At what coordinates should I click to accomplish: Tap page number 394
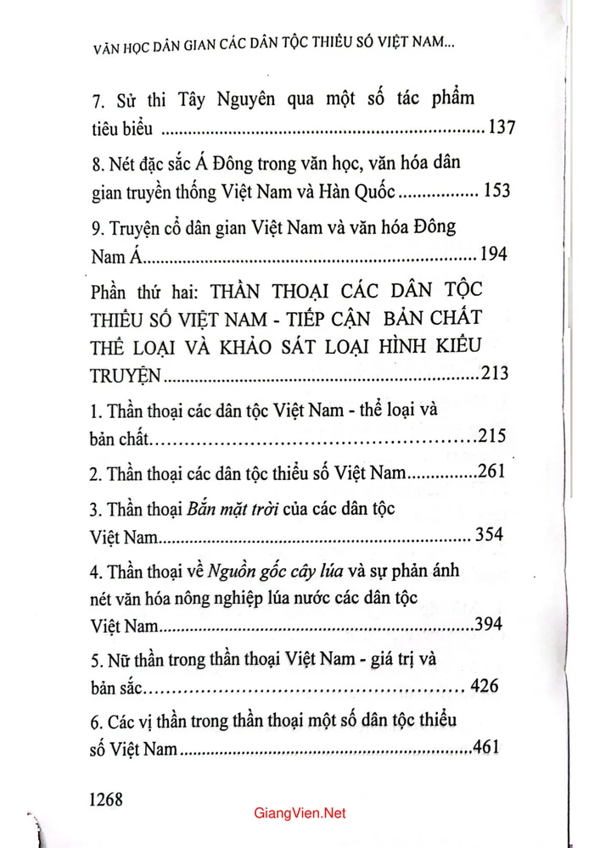488,625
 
